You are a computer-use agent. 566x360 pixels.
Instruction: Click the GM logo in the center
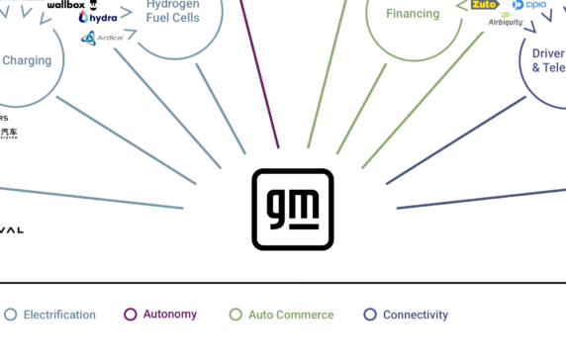click(293, 209)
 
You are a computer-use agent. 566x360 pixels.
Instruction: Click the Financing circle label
click(414, 14)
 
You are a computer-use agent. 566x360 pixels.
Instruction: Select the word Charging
click(27, 60)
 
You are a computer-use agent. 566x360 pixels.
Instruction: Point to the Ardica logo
click(102, 39)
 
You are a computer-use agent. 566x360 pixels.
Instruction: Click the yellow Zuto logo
click(485, 5)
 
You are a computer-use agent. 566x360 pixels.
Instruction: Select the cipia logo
click(529, 5)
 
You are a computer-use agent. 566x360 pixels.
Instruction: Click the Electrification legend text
click(59, 315)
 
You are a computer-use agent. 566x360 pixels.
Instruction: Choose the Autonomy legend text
click(169, 315)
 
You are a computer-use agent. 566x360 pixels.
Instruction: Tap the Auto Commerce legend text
click(290, 315)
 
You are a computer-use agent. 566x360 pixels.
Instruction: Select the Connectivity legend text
click(416, 315)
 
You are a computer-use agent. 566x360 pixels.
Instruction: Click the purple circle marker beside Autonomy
click(130, 315)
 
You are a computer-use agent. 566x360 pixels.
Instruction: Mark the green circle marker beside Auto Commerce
click(236, 315)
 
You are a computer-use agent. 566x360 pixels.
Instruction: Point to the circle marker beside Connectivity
click(370, 315)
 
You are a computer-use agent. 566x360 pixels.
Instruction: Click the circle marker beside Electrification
click(11, 315)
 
